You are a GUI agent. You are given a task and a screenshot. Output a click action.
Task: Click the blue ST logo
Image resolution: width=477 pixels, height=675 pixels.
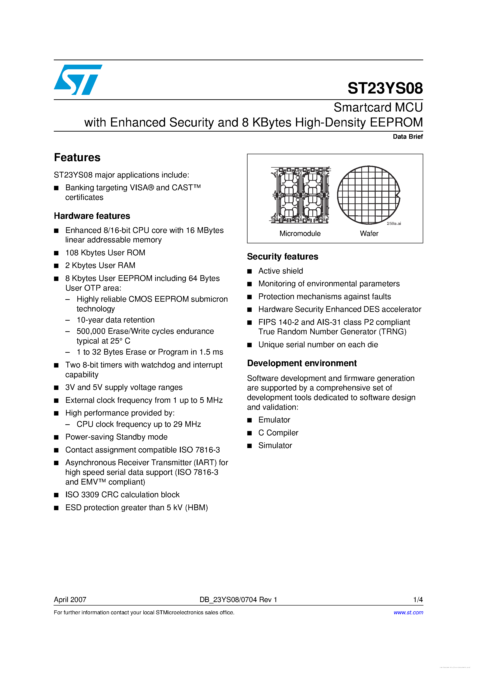[x=78, y=80]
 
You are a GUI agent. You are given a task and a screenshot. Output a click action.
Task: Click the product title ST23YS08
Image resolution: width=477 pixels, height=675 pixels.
[x=385, y=88]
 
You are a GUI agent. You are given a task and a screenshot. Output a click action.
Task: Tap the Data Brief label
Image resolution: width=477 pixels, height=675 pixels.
[x=408, y=136]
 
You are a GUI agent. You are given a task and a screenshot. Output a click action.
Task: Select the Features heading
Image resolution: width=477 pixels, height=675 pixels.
[x=77, y=158]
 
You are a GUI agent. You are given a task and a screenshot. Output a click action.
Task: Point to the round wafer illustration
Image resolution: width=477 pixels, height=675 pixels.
[x=368, y=195]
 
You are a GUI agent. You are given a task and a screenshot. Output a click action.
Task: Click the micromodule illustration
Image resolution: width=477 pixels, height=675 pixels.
[x=300, y=195]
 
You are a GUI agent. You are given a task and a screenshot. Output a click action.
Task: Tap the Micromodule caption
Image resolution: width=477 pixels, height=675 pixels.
[x=300, y=233]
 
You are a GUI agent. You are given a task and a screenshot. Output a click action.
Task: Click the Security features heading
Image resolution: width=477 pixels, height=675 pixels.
[x=283, y=257]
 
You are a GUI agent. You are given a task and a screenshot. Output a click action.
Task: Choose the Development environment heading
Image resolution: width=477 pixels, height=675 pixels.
[x=302, y=363]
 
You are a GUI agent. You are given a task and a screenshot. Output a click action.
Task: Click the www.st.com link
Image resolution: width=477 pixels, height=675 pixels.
[x=408, y=612]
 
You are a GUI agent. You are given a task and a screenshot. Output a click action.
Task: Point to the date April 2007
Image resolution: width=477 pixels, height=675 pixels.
[x=70, y=600]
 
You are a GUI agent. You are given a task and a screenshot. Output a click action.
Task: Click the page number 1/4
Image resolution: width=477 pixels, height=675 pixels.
[x=418, y=600]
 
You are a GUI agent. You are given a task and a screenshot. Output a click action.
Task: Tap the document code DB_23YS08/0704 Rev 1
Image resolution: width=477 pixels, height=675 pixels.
[x=238, y=600]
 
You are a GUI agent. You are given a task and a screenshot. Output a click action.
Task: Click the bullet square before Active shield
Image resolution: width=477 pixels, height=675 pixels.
[x=250, y=271]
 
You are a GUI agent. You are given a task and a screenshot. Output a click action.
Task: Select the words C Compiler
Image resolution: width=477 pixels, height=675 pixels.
[x=278, y=433]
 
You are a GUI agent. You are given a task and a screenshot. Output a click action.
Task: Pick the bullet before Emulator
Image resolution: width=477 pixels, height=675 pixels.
[x=250, y=420]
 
